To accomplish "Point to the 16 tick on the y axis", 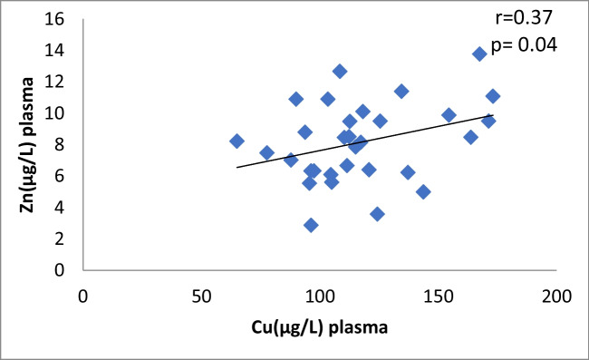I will (57, 19).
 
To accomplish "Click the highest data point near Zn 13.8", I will (479, 54).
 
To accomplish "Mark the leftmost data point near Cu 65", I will (237, 141).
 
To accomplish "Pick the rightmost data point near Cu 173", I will (493, 96).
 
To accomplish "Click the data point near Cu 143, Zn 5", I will (422, 191).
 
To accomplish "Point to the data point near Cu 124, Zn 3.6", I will (377, 214).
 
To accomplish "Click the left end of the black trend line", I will (237, 167).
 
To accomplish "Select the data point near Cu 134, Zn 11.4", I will (401, 91).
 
